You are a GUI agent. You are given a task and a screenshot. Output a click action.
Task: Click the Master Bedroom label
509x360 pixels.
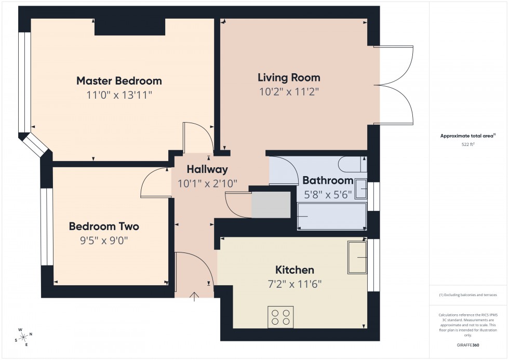pos(119,81)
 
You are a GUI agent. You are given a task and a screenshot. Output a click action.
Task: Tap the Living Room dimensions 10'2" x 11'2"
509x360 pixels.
pos(289,92)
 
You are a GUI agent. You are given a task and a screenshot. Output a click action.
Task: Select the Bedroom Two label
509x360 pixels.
pos(104,226)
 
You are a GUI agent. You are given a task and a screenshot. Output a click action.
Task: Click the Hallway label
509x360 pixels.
pos(207,169)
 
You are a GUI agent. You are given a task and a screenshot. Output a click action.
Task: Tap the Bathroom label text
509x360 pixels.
pos(328,181)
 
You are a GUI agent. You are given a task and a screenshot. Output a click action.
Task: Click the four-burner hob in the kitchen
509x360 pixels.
pos(280,316)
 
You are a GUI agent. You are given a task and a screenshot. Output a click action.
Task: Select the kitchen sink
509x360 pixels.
pos(357,257)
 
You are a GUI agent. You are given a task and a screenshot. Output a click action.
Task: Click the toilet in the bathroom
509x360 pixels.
pos(352,164)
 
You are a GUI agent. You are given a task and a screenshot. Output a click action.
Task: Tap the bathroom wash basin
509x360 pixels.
pos(361,189)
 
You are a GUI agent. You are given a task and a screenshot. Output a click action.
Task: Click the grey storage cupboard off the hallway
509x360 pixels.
pos(271,205)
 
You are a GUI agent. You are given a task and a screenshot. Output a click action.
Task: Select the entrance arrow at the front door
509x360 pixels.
pos(195,297)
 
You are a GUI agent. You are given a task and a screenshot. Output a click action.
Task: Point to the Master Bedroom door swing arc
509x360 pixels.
pos(199,136)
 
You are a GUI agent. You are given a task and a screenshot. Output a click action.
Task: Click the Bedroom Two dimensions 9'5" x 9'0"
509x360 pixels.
pos(104,241)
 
